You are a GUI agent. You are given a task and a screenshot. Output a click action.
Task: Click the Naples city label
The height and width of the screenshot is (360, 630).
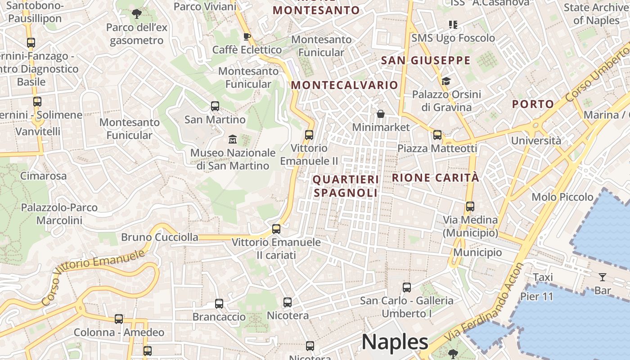click(395, 342)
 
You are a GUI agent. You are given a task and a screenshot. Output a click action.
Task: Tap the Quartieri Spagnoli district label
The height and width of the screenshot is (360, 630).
click(346, 186)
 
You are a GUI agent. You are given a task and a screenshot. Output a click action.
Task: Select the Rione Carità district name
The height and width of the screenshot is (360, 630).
click(435, 178)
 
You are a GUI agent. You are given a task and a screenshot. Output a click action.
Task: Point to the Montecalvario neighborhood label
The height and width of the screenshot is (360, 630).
click(344, 85)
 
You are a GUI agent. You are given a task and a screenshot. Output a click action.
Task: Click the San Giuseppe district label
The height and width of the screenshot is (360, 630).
click(425, 60)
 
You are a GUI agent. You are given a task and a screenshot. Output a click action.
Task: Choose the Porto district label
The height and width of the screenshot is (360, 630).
click(533, 104)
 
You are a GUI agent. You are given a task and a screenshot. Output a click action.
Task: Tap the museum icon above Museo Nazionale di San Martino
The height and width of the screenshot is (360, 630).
click(233, 139)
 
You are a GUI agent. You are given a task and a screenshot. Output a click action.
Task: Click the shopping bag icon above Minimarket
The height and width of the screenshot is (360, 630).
click(381, 114)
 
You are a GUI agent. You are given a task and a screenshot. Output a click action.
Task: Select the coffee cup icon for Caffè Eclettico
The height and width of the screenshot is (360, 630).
click(247, 36)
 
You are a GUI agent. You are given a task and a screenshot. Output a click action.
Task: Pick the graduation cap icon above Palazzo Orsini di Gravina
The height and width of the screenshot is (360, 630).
click(446, 81)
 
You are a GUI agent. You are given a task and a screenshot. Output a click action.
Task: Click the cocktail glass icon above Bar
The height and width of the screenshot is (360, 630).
click(602, 277)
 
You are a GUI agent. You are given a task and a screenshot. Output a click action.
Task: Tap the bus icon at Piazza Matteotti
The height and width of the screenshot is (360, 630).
click(437, 135)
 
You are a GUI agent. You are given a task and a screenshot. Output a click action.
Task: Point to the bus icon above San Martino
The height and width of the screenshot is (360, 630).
click(215, 106)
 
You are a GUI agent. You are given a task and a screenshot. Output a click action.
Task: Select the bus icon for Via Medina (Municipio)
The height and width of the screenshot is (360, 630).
click(470, 207)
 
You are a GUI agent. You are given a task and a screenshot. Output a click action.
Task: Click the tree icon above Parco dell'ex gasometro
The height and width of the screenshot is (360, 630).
click(136, 14)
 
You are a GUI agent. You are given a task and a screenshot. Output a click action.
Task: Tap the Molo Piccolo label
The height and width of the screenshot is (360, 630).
click(562, 197)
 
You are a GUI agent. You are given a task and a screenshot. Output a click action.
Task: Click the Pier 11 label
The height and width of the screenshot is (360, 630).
click(536, 297)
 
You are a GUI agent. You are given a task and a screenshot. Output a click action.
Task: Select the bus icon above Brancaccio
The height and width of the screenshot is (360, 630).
click(219, 304)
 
